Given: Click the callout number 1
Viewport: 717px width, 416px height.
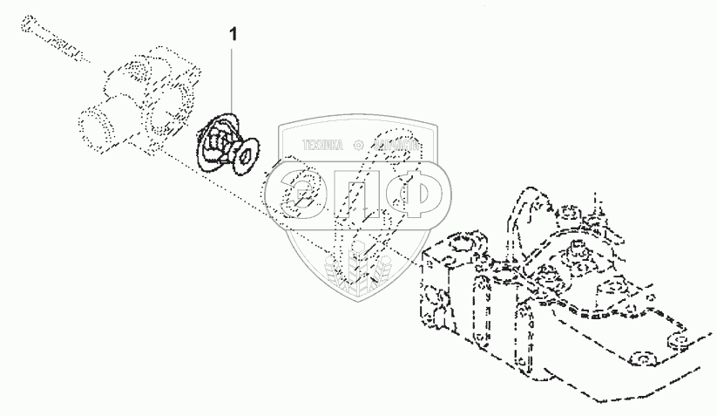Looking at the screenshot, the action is pos(232,34).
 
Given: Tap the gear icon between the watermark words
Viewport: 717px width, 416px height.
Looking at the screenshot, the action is pos(359,144).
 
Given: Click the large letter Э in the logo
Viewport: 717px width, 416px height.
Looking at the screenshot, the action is pos(302,191).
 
